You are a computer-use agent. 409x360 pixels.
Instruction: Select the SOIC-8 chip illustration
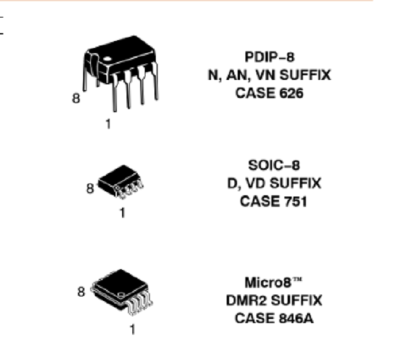coord(121,182)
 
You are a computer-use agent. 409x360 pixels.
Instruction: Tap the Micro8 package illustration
coord(121,292)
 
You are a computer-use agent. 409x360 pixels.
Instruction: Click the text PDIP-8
coord(269,57)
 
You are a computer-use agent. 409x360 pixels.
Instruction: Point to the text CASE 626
coord(269,93)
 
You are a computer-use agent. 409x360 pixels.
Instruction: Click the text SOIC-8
coord(274,165)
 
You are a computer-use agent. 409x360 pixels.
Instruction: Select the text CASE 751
coord(273,202)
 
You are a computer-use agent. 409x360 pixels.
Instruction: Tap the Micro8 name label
coord(273,282)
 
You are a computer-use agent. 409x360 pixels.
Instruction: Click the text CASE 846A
coord(274,318)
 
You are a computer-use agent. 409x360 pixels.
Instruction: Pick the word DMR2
coord(247,300)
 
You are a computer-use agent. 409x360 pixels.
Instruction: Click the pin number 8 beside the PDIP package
coord(76,99)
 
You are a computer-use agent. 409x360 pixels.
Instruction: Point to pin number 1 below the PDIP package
coord(108,124)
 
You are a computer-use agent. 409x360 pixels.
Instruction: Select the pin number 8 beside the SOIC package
coord(90,189)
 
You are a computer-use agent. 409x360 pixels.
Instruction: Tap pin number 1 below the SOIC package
coord(123,213)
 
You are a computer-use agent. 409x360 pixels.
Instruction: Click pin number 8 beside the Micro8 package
coord(81,292)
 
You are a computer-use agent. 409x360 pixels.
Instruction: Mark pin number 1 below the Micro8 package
coord(133,330)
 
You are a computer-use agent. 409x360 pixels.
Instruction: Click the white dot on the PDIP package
coord(107,59)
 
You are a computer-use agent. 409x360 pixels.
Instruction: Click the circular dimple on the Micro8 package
coord(121,295)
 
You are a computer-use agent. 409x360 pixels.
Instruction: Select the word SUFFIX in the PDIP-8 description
coord(305,75)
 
